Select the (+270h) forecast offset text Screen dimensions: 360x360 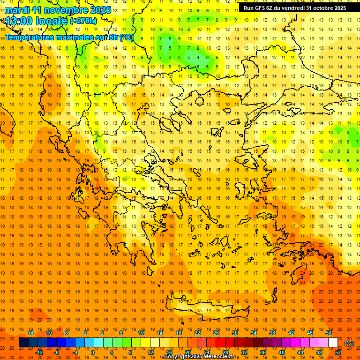[x=83, y=21]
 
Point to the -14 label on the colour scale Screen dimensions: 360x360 [x=30, y=333]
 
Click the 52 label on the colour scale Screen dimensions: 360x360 [x=338, y=352]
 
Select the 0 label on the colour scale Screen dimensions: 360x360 [x=92, y=352]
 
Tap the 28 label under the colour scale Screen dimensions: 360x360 [x=225, y=352]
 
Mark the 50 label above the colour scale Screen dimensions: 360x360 [x=329, y=333]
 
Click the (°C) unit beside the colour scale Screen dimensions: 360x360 [x=349, y=343]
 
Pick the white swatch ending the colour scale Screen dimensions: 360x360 [x=333, y=343]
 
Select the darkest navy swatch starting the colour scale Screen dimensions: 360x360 [x=23, y=343]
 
